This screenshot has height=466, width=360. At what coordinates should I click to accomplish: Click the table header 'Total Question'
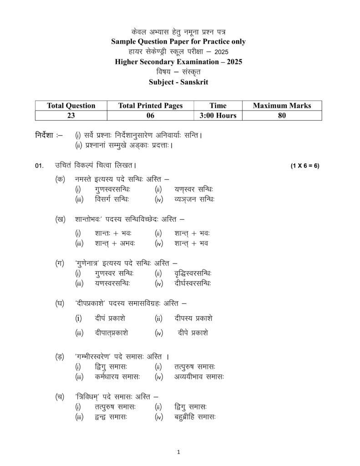tap(71, 106)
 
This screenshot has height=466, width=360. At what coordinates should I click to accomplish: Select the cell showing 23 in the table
tap(71, 116)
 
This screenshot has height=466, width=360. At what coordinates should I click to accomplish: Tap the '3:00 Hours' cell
tap(218, 116)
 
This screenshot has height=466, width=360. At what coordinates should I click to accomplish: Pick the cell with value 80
tap(282, 116)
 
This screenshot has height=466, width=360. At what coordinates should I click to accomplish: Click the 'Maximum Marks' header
tap(282, 106)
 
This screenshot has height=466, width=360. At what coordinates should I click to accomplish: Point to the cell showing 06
tap(150, 116)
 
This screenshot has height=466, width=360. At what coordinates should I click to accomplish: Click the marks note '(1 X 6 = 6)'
tap(305, 166)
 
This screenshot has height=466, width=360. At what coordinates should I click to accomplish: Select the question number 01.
tap(40, 166)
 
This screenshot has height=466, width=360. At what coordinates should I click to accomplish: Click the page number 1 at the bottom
tap(179, 452)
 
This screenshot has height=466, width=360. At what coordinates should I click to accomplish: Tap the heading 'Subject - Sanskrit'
tap(178, 82)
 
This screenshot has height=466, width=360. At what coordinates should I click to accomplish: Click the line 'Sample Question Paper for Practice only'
tap(178, 42)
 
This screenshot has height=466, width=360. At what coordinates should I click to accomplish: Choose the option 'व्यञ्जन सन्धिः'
tap(194, 199)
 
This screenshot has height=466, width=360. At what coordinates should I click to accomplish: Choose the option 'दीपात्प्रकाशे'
tap(112, 333)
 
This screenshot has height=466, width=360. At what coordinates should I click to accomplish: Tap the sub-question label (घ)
tap(60, 303)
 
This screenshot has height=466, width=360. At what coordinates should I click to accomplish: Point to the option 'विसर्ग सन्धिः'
tap(112, 199)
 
